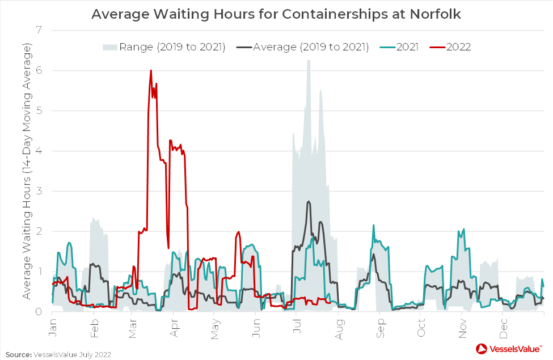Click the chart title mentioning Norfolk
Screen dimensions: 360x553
pos(276,14)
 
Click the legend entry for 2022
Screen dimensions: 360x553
pos(458,46)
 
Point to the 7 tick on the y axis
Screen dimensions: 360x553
pos(40,30)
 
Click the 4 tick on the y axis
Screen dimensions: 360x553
pos(40,151)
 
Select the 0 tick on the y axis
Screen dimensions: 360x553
pos(40,311)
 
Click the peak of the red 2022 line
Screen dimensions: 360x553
pos(151,70)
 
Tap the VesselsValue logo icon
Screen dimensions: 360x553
pos(482,348)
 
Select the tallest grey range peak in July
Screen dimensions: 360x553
pos(309,60)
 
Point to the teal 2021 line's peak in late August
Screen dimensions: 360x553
pos(373,225)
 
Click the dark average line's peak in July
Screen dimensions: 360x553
pos(309,201)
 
